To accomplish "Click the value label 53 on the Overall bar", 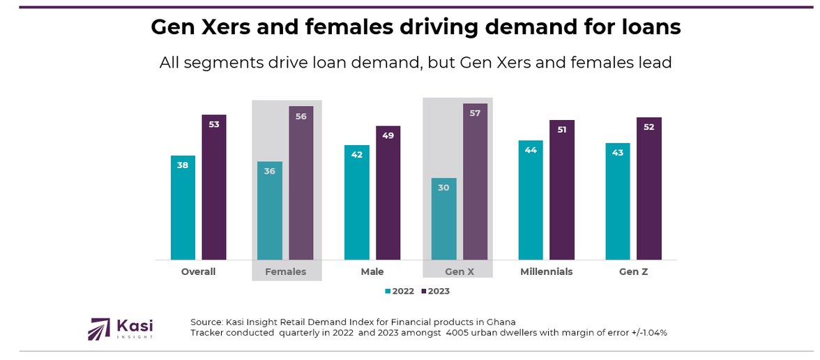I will (x=214, y=124).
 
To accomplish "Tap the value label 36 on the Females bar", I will (x=269, y=171).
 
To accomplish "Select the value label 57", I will (x=475, y=113).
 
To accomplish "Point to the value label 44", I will (x=530, y=150).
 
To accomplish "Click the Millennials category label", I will (x=546, y=271).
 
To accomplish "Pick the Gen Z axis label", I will (x=633, y=271).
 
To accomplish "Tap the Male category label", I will (x=372, y=271).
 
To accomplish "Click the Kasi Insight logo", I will (x=121, y=329).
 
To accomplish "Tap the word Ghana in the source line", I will (x=499, y=322).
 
